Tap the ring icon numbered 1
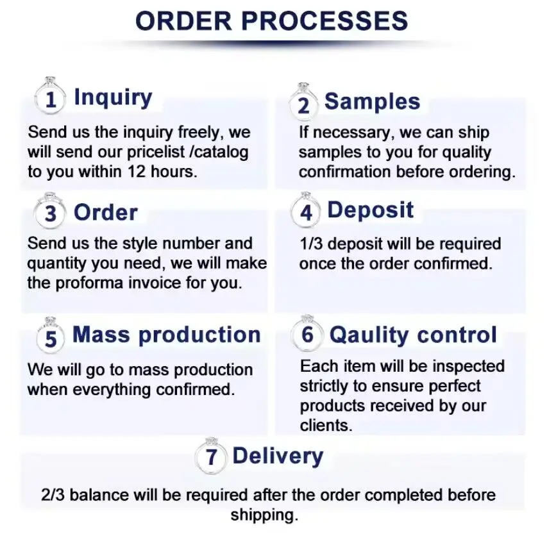[51, 98]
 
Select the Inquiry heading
[113, 97]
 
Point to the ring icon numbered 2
[303, 103]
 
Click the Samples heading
[372, 101]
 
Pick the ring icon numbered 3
[51, 212]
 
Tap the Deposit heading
[371, 210]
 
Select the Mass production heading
[167, 335]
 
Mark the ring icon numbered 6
[307, 335]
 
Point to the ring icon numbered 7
[212, 457]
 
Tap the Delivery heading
[278, 456]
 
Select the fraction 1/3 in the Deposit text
[312, 244]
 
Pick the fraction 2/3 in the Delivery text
[53, 495]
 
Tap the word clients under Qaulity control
[324, 425]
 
